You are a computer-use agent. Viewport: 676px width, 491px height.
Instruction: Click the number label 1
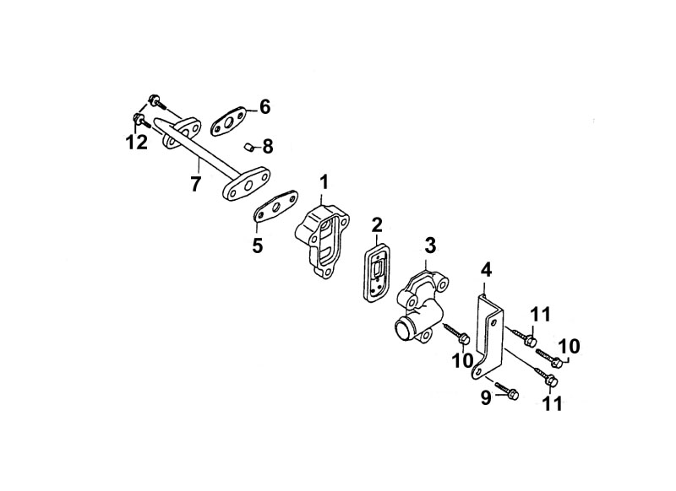(324, 182)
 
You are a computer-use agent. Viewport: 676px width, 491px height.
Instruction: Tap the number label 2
(376, 224)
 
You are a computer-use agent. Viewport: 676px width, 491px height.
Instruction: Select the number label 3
(430, 245)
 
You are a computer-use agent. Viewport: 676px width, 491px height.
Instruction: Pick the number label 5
(258, 245)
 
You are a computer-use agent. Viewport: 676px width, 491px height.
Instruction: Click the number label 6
(264, 106)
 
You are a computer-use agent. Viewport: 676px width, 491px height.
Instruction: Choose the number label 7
(195, 184)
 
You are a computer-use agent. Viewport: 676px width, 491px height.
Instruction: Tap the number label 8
(268, 147)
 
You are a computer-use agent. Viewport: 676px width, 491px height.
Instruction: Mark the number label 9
(486, 398)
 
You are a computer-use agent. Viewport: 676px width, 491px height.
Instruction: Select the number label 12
(137, 142)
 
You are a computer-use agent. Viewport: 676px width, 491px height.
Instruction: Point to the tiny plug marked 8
(248, 147)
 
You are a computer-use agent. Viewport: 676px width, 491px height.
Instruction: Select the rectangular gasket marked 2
(377, 267)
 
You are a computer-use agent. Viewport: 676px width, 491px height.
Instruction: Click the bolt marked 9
(507, 390)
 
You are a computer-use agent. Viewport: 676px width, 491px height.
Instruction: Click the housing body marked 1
(322, 242)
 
